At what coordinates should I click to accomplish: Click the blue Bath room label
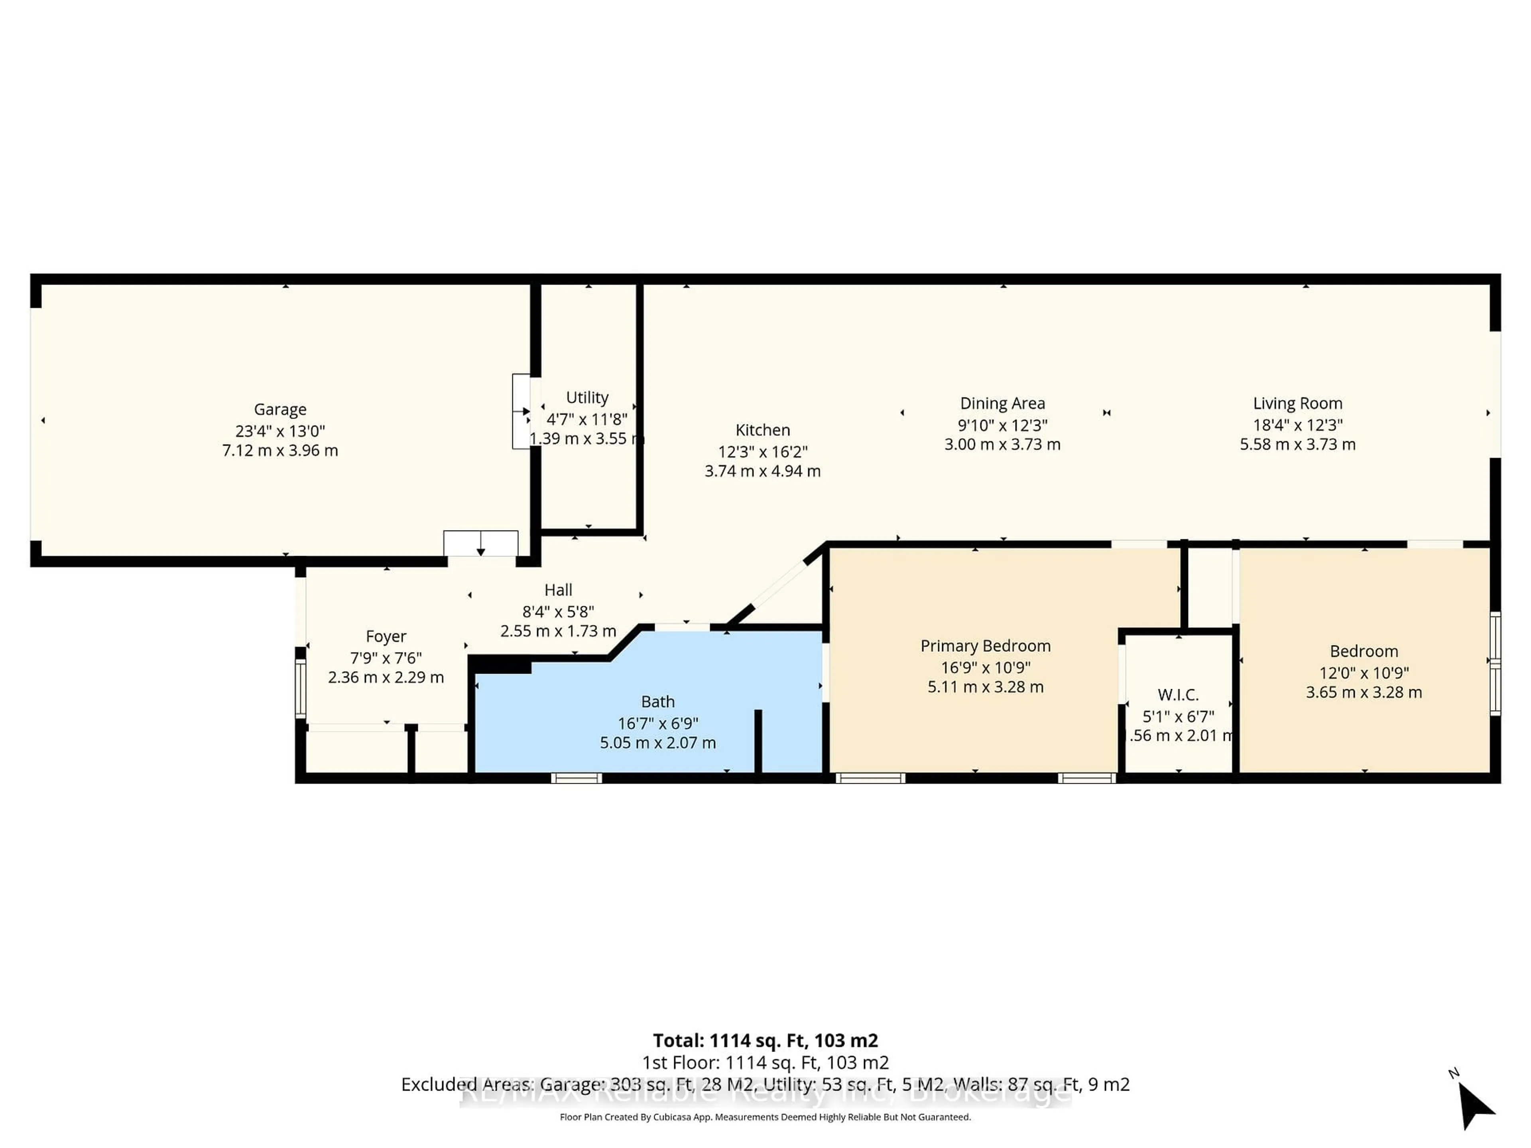(x=657, y=701)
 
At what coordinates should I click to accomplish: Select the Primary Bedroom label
(x=985, y=646)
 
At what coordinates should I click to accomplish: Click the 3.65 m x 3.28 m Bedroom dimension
(x=1364, y=692)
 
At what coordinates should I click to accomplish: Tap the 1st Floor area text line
(x=765, y=1062)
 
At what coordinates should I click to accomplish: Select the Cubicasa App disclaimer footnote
(x=765, y=1117)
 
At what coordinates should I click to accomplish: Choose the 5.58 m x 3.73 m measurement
(x=1297, y=444)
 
